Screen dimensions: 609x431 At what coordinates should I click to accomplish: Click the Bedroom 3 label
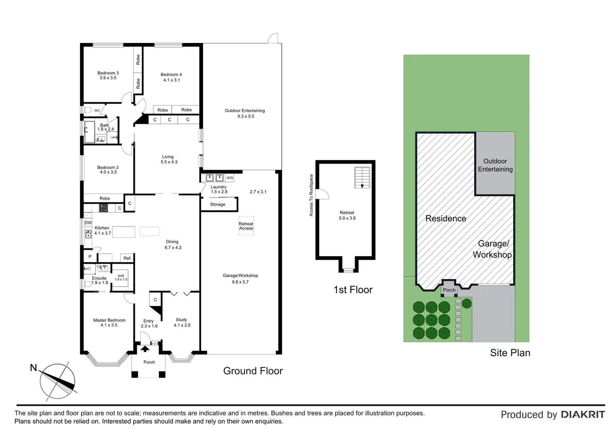[x=108, y=73]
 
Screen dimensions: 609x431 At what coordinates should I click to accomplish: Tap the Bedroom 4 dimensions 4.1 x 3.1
[x=171, y=80]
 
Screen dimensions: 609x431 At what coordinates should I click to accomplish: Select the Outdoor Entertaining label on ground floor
[x=245, y=111]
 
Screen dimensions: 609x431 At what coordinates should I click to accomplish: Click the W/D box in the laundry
[x=230, y=178]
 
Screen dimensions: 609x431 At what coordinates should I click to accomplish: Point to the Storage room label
[x=218, y=205]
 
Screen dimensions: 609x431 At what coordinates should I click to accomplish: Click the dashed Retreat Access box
[x=246, y=226]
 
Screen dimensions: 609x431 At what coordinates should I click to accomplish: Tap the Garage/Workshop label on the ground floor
[x=240, y=275]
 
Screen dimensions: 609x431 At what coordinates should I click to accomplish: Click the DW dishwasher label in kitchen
[x=88, y=223]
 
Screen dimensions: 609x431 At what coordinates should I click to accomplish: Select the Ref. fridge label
[x=127, y=258]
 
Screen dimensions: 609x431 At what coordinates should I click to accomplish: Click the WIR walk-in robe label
[x=121, y=276]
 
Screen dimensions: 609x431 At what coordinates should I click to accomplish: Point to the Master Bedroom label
[x=109, y=320]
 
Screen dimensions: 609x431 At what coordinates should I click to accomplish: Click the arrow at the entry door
[x=145, y=349]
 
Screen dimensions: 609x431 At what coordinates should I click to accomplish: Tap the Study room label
[x=181, y=320]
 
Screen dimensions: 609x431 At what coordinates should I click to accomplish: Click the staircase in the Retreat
[x=362, y=178]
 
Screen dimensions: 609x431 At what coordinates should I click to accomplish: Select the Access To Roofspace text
[x=311, y=195]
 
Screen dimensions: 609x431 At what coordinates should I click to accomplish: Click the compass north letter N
[x=34, y=368]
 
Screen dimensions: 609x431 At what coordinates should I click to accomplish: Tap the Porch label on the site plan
[x=449, y=290]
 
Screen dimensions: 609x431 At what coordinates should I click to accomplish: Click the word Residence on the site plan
[x=446, y=219]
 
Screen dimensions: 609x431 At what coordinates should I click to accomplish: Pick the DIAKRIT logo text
[x=583, y=415]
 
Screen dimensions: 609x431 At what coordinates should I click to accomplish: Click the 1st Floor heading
[x=353, y=290]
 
